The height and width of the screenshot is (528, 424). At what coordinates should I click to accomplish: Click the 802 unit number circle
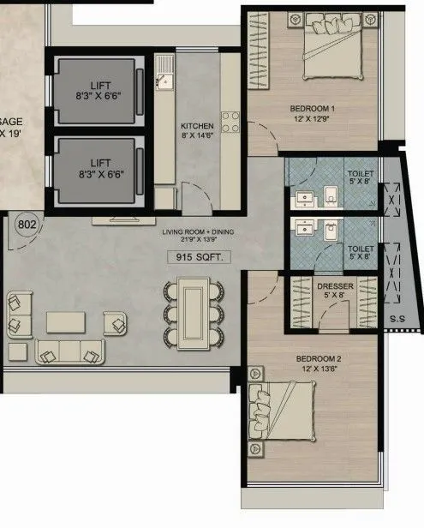27,226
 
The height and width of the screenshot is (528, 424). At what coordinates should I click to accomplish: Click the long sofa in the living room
70,351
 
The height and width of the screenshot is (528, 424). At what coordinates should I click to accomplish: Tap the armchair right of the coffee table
115,323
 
